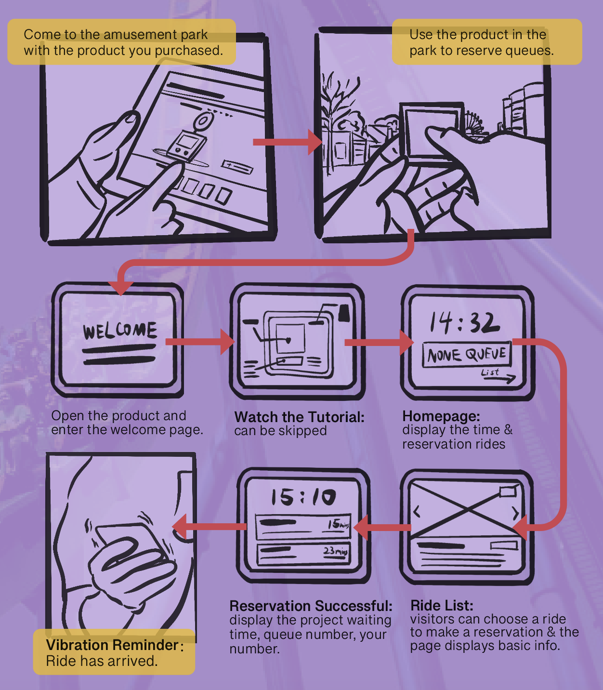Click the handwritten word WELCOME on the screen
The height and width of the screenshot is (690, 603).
[120, 331]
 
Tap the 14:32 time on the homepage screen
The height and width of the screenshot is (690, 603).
[464, 322]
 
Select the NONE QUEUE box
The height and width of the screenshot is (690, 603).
[466, 355]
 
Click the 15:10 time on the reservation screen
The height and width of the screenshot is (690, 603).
[303, 497]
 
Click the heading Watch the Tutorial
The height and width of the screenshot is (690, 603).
[299, 417]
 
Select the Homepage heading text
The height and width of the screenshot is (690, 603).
[441, 416]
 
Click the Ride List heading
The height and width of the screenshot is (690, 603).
[442, 605]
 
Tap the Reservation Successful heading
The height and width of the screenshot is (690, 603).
[311, 606]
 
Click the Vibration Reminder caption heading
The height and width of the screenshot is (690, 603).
[112, 645]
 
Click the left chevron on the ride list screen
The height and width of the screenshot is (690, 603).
[417, 511]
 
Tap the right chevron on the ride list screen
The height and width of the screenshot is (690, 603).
[515, 512]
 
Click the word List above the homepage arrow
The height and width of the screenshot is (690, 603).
[490, 372]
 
